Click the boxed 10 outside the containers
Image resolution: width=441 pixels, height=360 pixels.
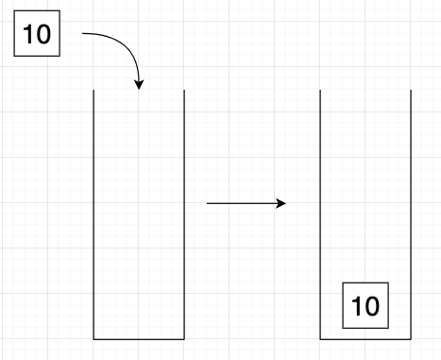[37, 37]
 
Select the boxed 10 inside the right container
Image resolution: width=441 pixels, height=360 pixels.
[365, 304]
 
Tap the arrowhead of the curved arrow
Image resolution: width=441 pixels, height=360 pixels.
[140, 85]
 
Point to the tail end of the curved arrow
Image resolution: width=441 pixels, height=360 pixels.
[84, 35]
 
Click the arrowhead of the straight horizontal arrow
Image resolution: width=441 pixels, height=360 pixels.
[281, 203]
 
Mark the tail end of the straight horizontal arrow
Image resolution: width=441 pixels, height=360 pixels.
[208, 203]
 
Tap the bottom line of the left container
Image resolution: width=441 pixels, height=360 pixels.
[138, 337]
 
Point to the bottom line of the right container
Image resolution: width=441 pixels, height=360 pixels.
[365, 337]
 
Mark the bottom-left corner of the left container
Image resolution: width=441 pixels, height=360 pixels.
[93, 337]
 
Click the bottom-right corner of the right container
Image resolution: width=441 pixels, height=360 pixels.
[411, 337]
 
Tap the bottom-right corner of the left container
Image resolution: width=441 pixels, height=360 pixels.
[183, 337]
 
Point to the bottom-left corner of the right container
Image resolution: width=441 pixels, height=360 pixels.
[320, 337]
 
